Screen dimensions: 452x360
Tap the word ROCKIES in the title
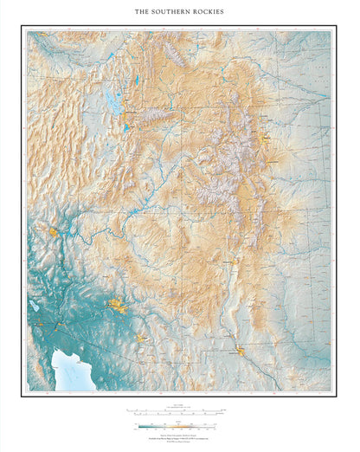[x=209, y=13]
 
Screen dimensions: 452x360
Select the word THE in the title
[x=142, y=13]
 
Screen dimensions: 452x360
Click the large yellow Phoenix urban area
[x=118, y=305]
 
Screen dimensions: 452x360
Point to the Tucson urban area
[x=143, y=337]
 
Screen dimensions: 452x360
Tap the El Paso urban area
[x=241, y=351]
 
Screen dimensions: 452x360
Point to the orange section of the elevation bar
[x=186, y=425]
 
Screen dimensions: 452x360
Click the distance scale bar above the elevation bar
[x=177, y=410]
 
